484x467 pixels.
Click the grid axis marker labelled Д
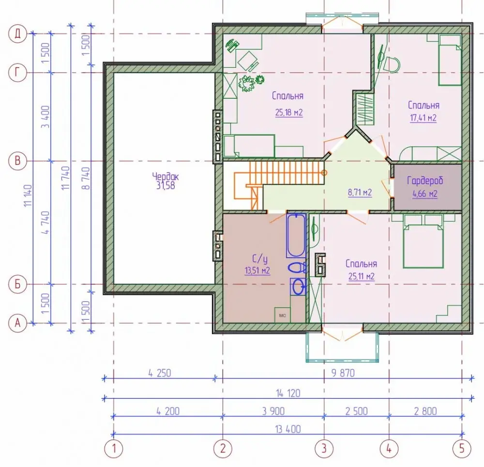(17, 33)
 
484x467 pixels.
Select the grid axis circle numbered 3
(324, 449)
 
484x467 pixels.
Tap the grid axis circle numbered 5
(462, 449)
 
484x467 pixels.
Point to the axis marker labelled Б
(17, 284)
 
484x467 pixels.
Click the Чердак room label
(166, 177)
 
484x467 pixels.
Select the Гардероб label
(425, 180)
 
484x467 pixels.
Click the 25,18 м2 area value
(289, 112)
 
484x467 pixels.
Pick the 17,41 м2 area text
(423, 118)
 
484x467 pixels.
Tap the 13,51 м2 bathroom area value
(257, 271)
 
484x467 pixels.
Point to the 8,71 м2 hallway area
(360, 193)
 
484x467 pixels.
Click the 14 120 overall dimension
(288, 393)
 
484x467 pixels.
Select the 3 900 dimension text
(273, 411)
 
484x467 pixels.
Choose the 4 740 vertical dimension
(45, 222)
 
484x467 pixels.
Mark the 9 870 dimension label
(343, 373)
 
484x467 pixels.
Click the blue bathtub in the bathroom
(296, 235)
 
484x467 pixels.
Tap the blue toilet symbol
(297, 267)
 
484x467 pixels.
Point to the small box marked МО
(283, 315)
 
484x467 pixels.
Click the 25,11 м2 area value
(362, 277)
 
